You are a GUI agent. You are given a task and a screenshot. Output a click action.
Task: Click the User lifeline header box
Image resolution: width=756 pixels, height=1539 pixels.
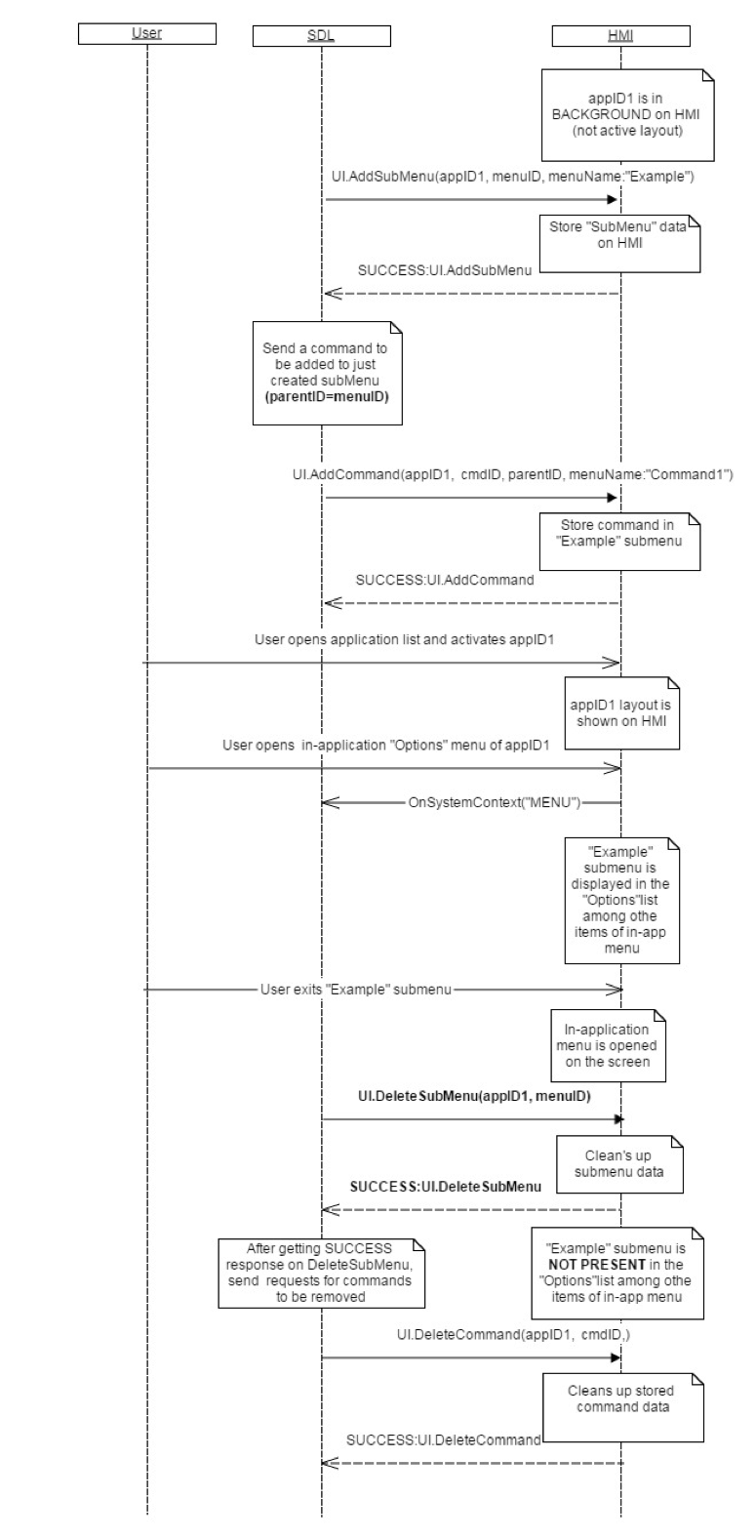click(146, 34)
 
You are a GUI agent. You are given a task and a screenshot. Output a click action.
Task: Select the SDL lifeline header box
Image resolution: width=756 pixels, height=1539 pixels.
click(321, 37)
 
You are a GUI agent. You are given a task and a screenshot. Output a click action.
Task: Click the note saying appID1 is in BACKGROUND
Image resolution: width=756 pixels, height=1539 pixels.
click(620, 113)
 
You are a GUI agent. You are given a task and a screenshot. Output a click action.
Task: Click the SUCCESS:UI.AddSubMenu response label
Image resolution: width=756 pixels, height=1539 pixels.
click(444, 270)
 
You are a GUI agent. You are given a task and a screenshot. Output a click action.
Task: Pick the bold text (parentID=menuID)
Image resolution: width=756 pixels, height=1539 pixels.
click(326, 398)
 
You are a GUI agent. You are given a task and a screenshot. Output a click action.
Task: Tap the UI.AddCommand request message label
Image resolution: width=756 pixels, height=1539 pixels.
click(512, 474)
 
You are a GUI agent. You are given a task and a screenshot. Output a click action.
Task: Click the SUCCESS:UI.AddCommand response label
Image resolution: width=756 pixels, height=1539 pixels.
click(444, 579)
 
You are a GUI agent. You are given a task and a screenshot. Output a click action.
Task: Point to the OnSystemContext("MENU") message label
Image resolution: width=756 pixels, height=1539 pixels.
click(495, 802)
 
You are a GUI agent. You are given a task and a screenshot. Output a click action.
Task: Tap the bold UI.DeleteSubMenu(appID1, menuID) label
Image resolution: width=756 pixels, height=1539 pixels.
click(473, 1096)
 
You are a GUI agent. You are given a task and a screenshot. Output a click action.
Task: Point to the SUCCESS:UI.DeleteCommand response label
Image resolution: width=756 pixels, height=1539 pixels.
click(443, 1439)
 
